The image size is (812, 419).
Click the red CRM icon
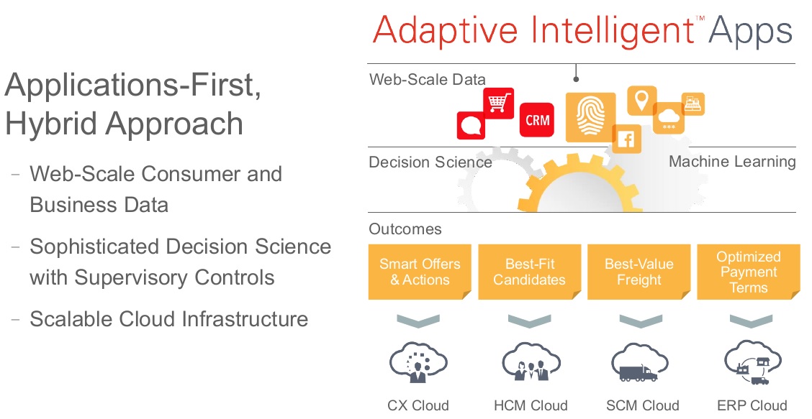pos(537,119)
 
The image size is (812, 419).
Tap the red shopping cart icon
pos(498,103)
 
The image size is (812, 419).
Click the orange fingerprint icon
pos(590,117)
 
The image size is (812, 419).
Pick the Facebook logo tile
pos(626,139)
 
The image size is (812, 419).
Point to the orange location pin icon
pos(642,101)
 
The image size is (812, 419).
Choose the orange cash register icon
pos(693,104)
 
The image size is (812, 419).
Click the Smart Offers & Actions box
pos(420,272)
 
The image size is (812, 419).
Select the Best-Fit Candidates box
pos(529,272)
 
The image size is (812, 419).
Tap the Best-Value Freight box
pos(639,272)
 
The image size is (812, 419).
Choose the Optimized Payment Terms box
pos(749,272)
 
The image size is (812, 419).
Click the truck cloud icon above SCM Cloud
pos(639,362)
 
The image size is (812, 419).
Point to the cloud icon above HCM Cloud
pos(531,362)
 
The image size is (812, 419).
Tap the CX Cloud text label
pos(418,405)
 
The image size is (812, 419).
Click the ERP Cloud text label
pos(752,405)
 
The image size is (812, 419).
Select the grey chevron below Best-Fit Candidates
pos(529,321)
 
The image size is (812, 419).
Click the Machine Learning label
pos(732,162)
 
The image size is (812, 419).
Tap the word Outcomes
pos(405,229)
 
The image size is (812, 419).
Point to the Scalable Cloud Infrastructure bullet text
pos(169,318)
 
